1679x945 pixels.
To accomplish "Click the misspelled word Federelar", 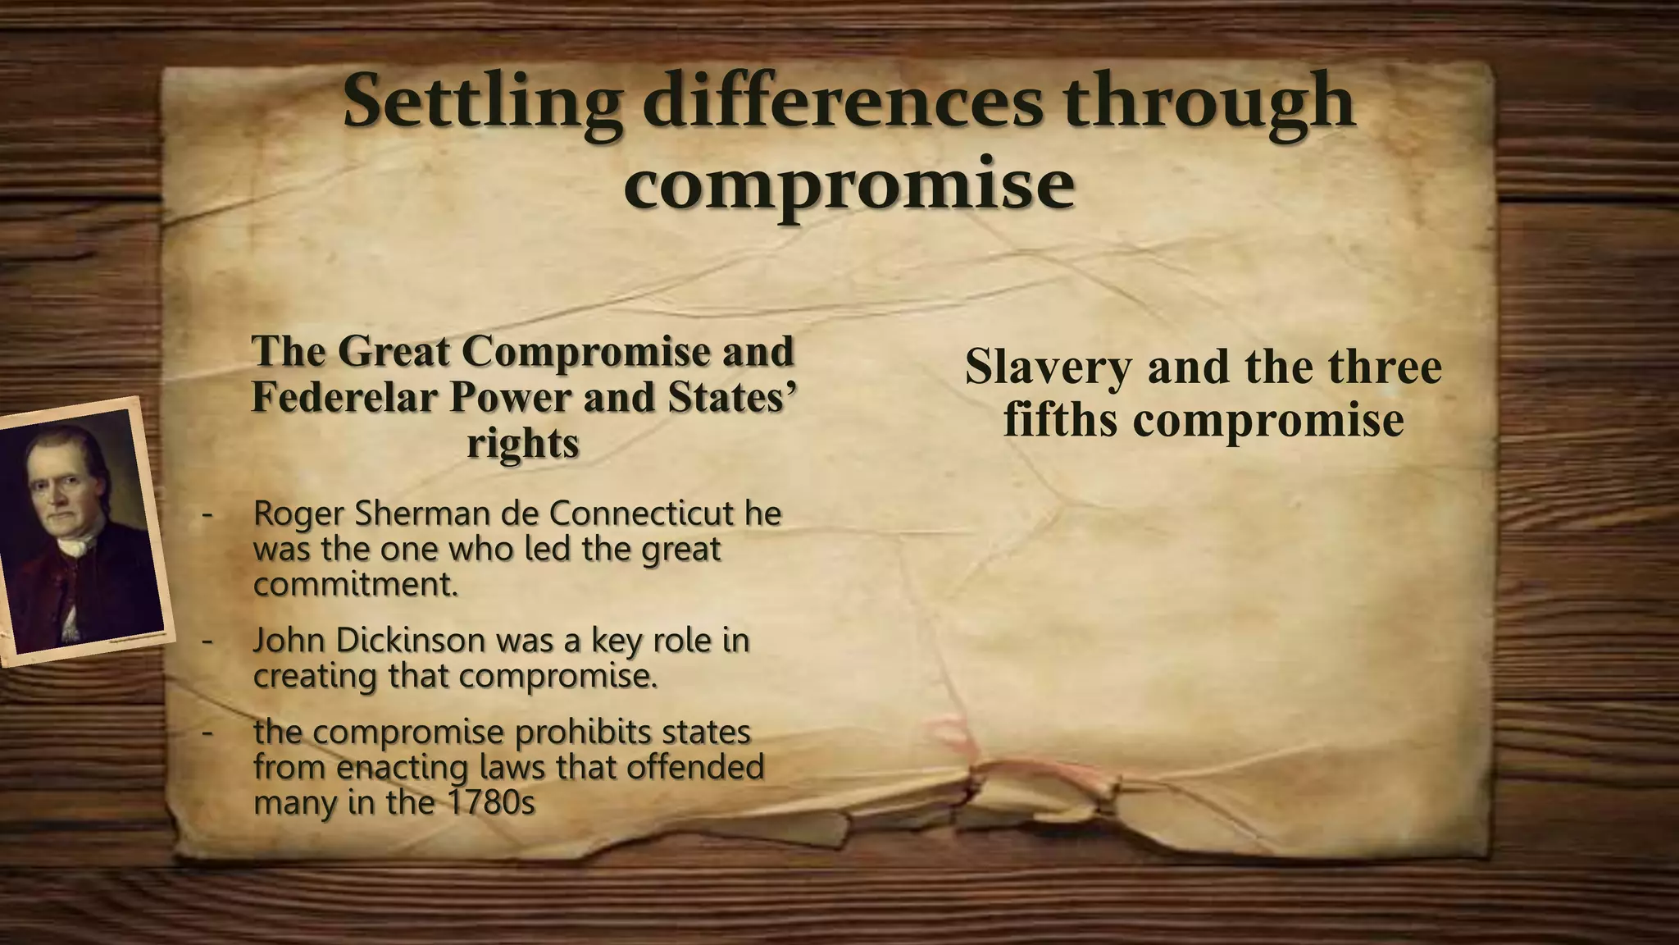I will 344,397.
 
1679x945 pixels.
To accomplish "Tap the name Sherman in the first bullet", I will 422,514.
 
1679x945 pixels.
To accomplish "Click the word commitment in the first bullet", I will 354,585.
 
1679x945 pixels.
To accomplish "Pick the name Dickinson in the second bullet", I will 410,641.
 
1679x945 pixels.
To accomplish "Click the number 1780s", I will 492,802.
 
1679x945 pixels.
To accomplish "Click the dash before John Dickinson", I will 207,641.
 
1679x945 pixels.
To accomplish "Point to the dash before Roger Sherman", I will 207,514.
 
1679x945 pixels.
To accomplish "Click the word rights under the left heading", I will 523,444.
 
